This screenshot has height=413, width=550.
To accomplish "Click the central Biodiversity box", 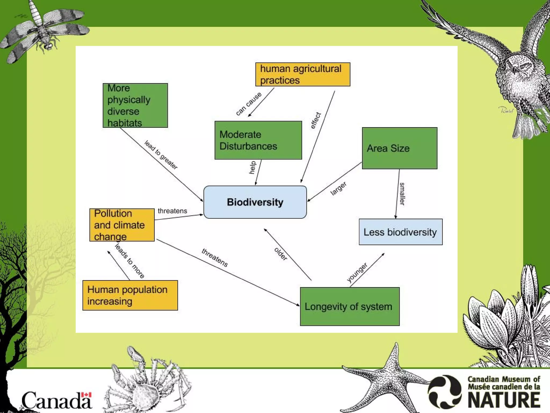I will coord(255,202).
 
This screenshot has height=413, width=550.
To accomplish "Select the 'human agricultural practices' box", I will coord(303,74).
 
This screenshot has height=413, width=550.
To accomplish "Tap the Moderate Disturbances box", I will coord(258,140).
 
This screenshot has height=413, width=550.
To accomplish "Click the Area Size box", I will coord(399,148).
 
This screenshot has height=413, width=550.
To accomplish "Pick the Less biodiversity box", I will coord(400,232).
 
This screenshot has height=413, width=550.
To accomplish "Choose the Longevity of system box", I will coord(349,307).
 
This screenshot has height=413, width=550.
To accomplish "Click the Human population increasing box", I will coord(130,295).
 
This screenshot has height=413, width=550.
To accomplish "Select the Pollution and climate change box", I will coord(122,225).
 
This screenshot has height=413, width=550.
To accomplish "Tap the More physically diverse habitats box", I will coord(135,105).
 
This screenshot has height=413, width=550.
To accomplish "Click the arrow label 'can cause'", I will coord(248,104).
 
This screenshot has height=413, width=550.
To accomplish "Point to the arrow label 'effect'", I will coord(316,120).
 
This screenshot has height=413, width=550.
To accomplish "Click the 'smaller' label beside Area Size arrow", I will coord(402,194).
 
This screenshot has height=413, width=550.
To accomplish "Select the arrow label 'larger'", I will coord(338,188).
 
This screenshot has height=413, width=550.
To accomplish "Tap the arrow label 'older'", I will coord(281,254).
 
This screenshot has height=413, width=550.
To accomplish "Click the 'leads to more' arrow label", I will coord(130,261).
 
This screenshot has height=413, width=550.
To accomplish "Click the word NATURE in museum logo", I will coord(504,400).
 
